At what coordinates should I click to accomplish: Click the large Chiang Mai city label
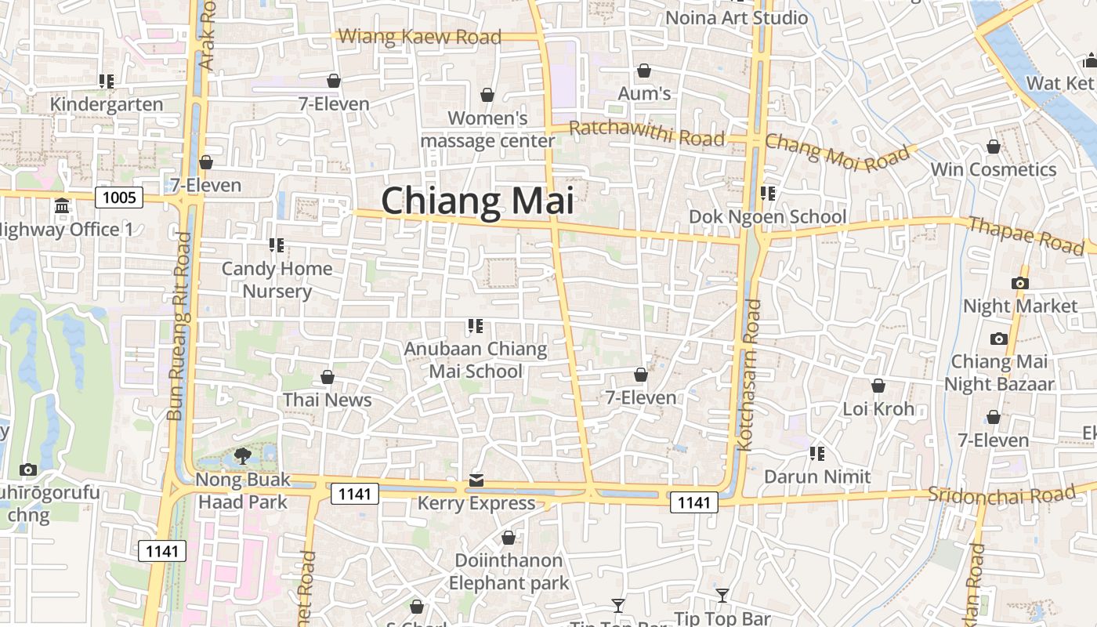click(477, 201)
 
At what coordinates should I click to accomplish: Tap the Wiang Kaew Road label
click(420, 36)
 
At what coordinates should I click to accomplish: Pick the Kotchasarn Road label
click(748, 375)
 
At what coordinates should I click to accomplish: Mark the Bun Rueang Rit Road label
click(179, 325)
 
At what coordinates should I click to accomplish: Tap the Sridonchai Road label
click(1001, 495)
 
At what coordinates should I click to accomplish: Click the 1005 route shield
click(119, 197)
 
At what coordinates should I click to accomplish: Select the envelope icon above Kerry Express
click(476, 480)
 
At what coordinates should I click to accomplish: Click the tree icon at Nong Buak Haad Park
click(243, 455)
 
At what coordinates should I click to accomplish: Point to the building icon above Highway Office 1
click(62, 206)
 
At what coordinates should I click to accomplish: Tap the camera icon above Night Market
click(1019, 283)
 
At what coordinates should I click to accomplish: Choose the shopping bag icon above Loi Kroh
click(878, 386)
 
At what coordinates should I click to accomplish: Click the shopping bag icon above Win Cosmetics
click(993, 147)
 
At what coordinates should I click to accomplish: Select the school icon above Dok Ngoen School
click(767, 193)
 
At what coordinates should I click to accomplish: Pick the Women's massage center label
click(487, 129)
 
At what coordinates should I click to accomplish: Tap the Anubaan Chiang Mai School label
click(476, 360)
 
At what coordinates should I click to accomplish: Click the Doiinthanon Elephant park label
click(509, 571)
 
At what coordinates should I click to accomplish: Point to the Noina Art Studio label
click(737, 17)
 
